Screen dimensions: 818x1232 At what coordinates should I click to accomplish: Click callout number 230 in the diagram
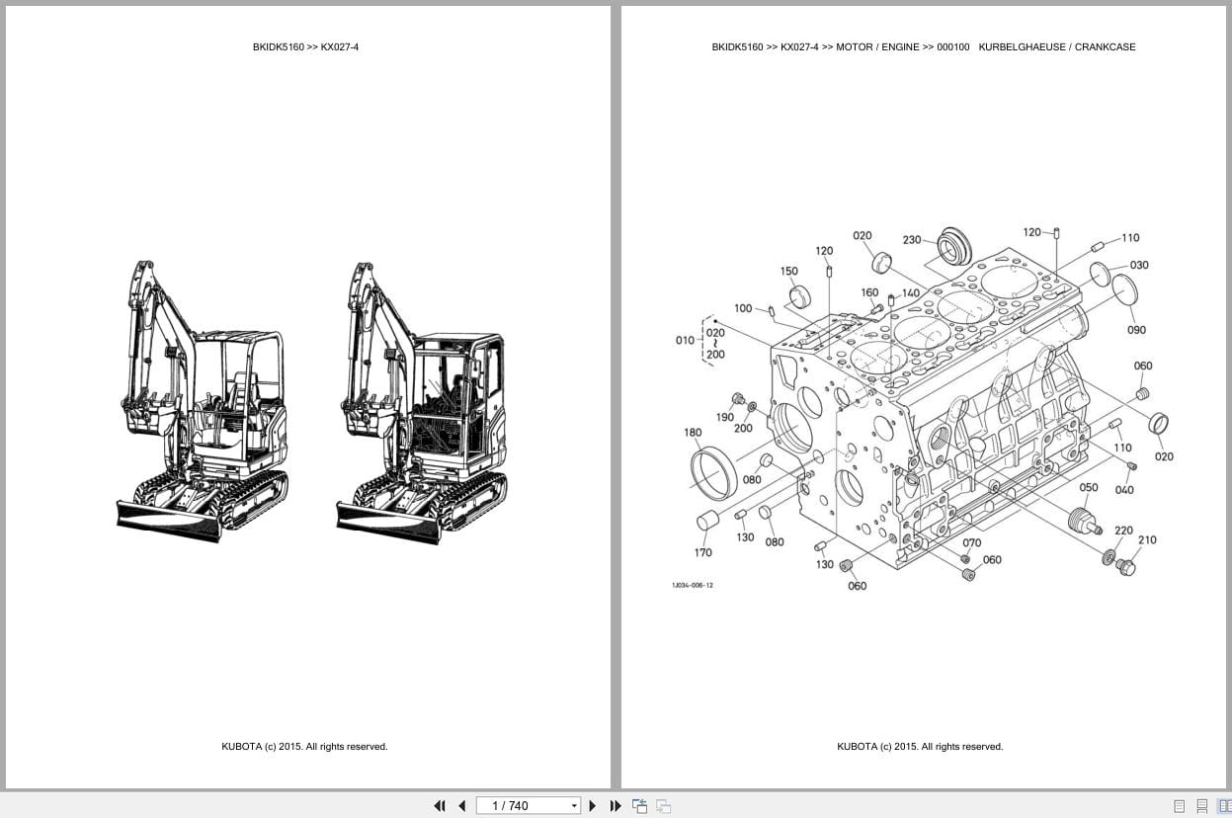pos(911,240)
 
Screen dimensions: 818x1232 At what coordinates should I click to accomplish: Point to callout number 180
pos(693,432)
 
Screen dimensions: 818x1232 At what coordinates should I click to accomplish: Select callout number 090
pos(1136,330)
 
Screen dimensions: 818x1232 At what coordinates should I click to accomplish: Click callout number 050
pos(1088,488)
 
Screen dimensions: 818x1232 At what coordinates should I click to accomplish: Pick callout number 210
pos(1147,540)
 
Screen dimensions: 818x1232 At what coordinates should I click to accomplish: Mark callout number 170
pos(702,552)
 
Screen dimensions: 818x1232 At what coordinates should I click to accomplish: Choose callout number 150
pos(788,272)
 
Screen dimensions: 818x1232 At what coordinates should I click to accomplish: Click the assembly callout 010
pos(685,341)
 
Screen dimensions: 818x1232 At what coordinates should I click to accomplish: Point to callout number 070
pos(971,542)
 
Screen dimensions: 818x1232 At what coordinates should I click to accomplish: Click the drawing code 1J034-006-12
pos(692,585)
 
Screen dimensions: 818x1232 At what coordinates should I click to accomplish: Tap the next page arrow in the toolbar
pos(593,805)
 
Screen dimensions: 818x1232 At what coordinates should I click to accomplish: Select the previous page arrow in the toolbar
pos(461,805)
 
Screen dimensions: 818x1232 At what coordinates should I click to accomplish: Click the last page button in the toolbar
pos(615,805)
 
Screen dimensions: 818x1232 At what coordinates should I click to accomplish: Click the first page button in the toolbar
pos(440,805)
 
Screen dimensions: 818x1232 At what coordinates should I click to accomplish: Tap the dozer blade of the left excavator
pos(168,521)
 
